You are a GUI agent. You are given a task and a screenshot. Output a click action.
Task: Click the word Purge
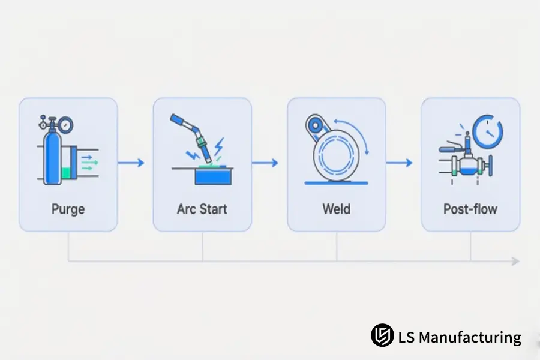[x=68, y=209]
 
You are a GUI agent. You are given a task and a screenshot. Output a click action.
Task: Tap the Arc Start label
[x=202, y=209]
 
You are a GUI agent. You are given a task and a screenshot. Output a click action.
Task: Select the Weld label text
[x=337, y=209]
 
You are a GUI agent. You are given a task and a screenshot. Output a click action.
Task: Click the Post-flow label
[x=470, y=209]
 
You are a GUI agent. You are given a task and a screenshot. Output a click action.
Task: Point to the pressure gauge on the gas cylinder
[x=65, y=125]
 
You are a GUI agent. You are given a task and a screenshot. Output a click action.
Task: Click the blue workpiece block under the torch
[x=213, y=177]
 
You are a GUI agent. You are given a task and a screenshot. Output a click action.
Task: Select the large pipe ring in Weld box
[x=336, y=154]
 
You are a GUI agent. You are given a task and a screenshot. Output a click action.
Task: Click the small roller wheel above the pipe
[x=315, y=125]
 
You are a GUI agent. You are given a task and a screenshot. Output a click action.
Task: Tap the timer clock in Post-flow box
[x=488, y=131]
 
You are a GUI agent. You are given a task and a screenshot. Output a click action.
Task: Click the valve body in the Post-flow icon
[x=467, y=167]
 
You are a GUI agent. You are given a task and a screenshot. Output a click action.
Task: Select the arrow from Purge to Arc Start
[x=131, y=163]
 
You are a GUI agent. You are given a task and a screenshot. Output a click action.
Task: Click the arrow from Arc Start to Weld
[x=265, y=163]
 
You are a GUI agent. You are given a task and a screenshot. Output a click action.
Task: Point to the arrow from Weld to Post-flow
[x=399, y=163]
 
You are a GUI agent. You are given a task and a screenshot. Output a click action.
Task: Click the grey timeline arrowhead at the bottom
[x=515, y=261]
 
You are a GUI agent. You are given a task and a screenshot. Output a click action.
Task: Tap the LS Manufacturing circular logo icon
[x=382, y=335]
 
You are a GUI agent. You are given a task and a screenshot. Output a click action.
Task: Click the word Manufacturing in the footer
[x=470, y=337]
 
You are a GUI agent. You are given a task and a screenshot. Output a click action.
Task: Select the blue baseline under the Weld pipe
[x=337, y=183]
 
